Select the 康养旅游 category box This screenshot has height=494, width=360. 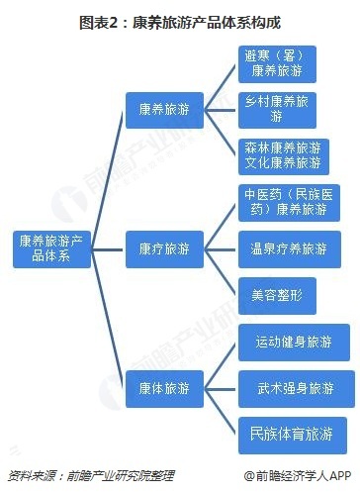tap(164, 108)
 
